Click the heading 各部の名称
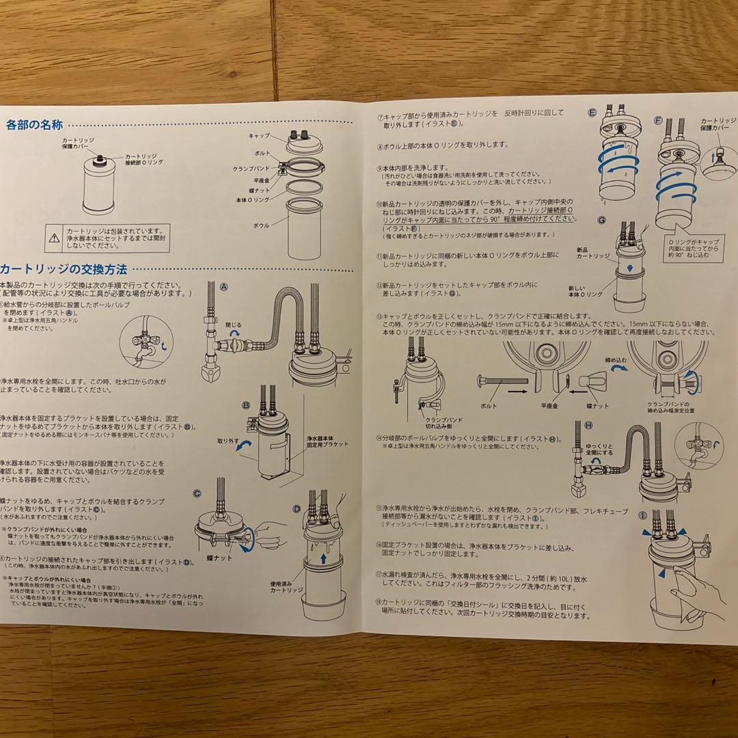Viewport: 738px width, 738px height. coord(34,125)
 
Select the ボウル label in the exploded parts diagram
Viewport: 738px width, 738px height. coord(261,225)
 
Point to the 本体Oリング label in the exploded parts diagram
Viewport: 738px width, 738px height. coord(253,199)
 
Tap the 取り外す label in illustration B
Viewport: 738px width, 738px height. coord(228,441)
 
